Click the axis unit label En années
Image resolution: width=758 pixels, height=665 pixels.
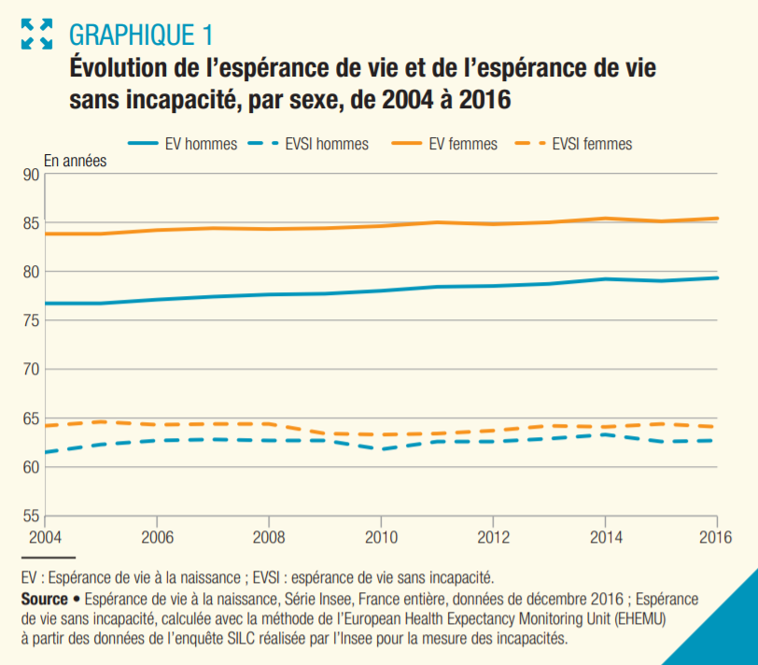click(76, 160)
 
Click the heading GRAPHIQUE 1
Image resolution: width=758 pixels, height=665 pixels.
click(141, 35)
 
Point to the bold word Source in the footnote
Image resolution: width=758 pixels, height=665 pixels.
click(44, 599)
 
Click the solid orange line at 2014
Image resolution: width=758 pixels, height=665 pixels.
click(605, 219)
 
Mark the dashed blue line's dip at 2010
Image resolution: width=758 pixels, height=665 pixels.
click(381, 449)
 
